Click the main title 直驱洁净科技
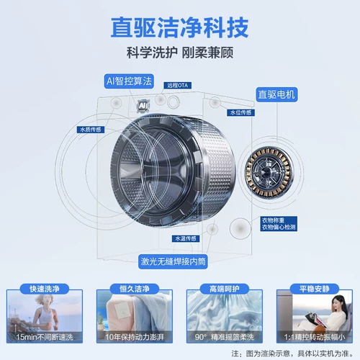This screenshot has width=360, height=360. coord(179,27)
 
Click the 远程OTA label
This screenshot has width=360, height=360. coord(176,85)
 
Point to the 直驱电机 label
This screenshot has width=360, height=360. coord(275,94)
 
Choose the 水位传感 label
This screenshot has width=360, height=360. coord(240,113)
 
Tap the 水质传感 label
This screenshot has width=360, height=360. coord(89,130)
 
